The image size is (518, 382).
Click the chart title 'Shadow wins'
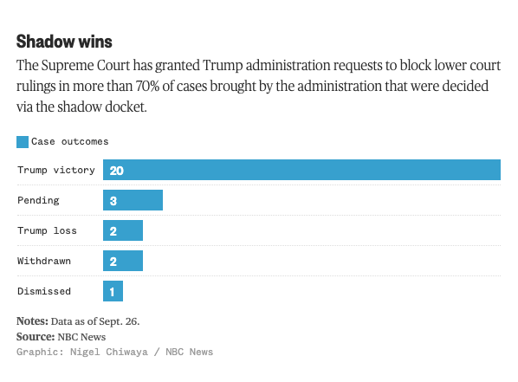[64, 42]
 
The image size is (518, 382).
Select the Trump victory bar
[301, 170]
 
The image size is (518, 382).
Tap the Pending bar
[133, 200]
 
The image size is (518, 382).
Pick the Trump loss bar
[123, 230]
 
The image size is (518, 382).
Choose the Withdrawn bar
[123, 261]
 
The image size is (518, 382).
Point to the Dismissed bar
[113, 291]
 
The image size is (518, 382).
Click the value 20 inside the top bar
[116, 171]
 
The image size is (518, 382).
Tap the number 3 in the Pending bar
[113, 201]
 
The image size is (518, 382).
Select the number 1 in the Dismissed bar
[113, 292]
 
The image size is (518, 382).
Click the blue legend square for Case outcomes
[23, 142]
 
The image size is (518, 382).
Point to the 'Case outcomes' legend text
[69, 142]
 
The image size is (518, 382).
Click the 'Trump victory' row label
[56, 170]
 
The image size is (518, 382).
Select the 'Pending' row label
[38, 201]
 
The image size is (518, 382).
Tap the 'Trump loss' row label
[47, 230]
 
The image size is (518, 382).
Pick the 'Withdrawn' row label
[44, 261]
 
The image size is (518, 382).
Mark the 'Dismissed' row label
[44, 291]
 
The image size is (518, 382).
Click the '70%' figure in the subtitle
[147, 86]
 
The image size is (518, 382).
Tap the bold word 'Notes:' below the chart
[32, 321]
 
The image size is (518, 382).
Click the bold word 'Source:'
[36, 337]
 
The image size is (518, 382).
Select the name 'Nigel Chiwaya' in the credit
[109, 353]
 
